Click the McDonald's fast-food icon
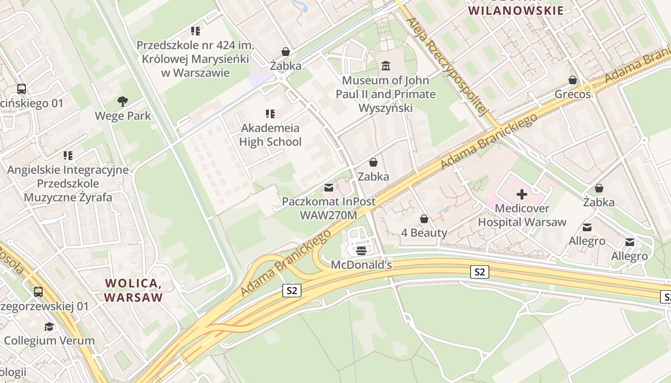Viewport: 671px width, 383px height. point(361,250)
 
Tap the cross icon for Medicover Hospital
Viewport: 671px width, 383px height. point(522,194)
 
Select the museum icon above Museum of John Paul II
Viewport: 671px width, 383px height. point(386,66)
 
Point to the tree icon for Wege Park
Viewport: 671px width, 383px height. point(123,101)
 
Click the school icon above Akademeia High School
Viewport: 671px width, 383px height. point(270,114)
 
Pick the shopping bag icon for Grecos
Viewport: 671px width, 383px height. point(573,80)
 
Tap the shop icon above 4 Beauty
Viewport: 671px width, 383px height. point(424,219)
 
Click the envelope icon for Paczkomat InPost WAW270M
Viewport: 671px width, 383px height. point(329,187)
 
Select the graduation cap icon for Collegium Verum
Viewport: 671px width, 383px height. point(49,327)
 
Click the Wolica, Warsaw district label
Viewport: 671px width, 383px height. point(134,290)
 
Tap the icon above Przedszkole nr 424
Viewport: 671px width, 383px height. point(196,31)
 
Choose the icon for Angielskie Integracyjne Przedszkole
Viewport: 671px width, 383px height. point(68,156)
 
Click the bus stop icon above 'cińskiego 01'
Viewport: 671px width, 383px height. point(22,89)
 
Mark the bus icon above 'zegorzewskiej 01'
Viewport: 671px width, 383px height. point(38,292)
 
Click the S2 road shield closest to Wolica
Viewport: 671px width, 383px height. point(291,290)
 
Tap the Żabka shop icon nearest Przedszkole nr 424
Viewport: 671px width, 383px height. point(286,52)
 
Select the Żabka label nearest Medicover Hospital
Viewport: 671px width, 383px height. point(599,202)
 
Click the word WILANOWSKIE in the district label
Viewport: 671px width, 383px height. point(516,11)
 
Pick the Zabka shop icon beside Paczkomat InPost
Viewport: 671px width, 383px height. point(373,162)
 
